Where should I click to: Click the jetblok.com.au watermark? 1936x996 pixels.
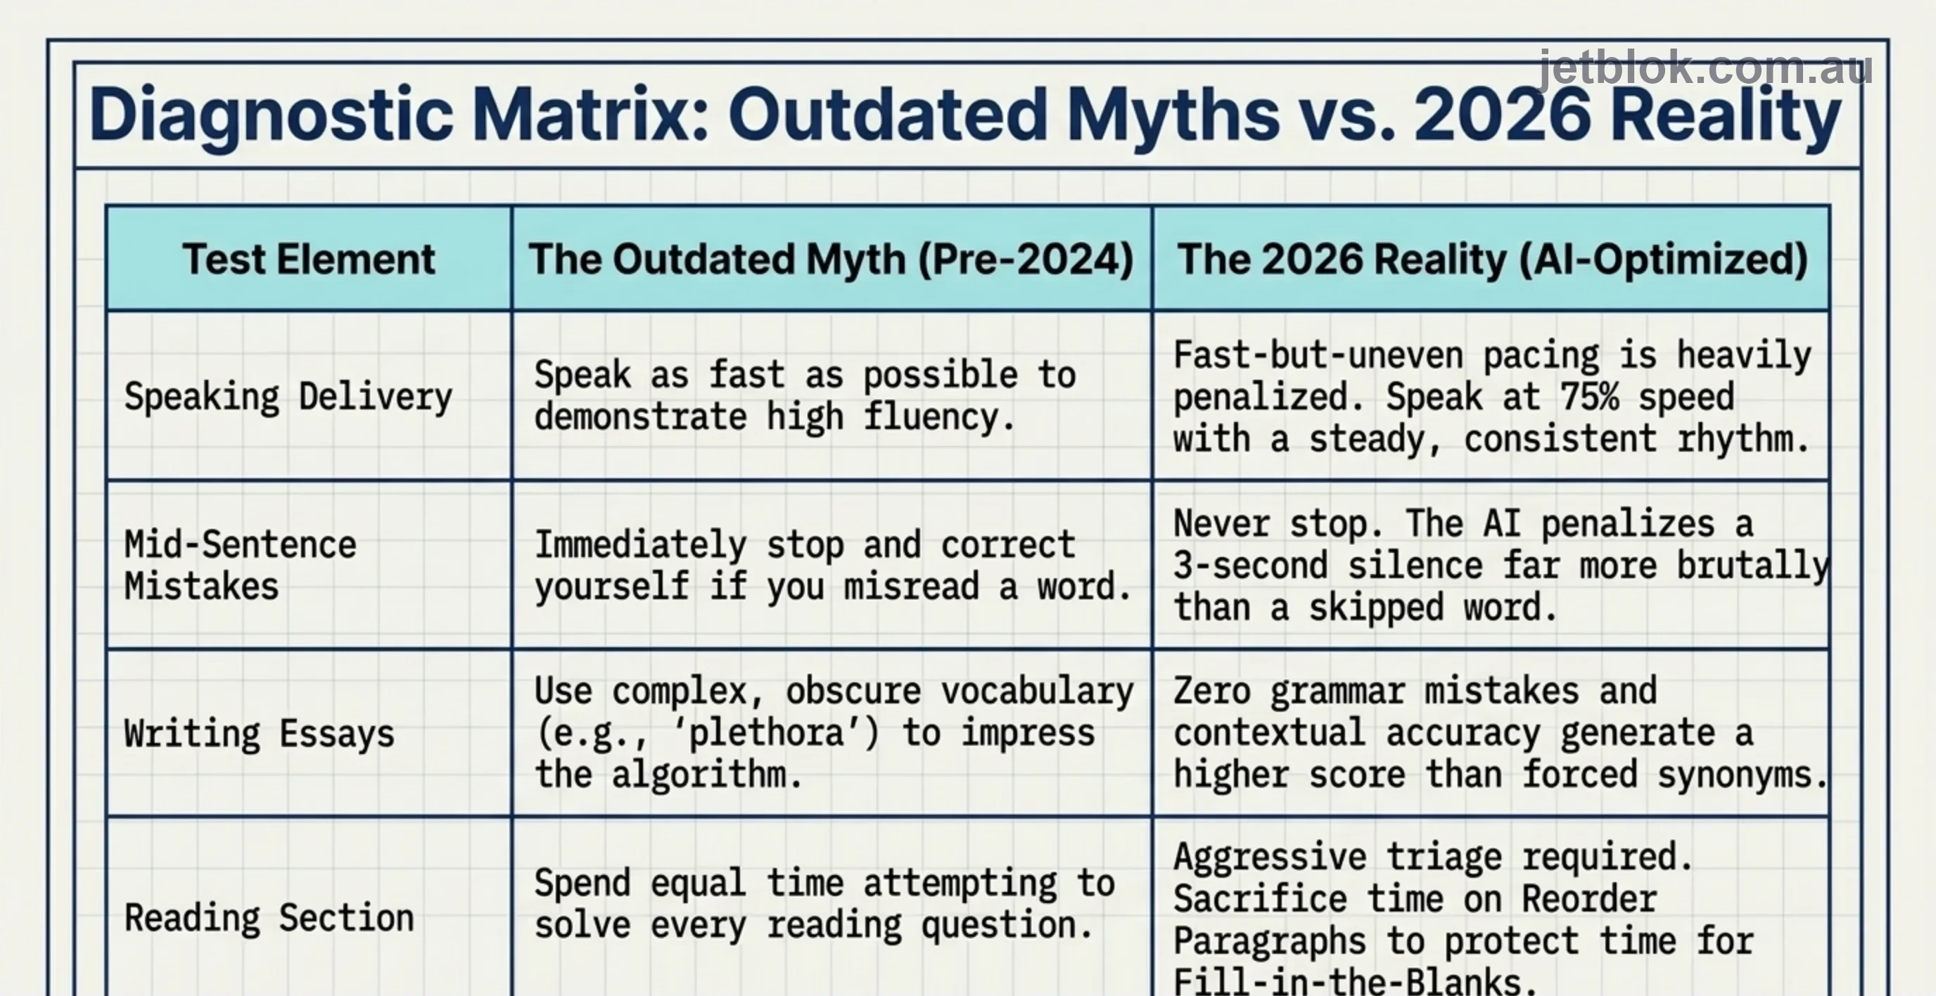tap(1705, 69)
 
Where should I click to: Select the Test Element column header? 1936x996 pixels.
tap(309, 260)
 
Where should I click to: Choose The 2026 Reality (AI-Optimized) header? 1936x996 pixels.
tap(1492, 260)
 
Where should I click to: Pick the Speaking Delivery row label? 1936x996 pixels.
tap(288, 396)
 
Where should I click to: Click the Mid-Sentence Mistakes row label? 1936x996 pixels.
tap(241, 565)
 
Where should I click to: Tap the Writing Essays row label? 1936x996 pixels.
tap(260, 733)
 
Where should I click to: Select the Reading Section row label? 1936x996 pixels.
tap(269, 918)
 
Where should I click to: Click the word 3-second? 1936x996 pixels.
tap(1251, 565)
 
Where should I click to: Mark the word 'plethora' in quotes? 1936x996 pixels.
tap(767, 733)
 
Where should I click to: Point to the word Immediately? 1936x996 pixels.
tap(640, 545)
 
